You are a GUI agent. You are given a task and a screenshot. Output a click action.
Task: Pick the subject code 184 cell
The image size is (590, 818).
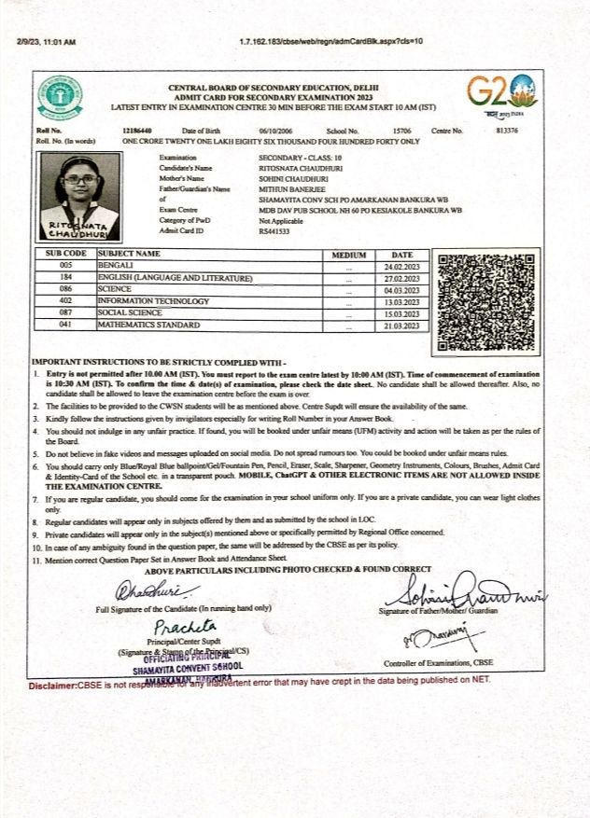(65, 278)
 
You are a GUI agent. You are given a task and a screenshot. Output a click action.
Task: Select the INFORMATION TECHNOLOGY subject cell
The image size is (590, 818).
(153, 301)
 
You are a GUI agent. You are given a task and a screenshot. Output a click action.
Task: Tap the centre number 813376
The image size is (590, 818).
(510, 132)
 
